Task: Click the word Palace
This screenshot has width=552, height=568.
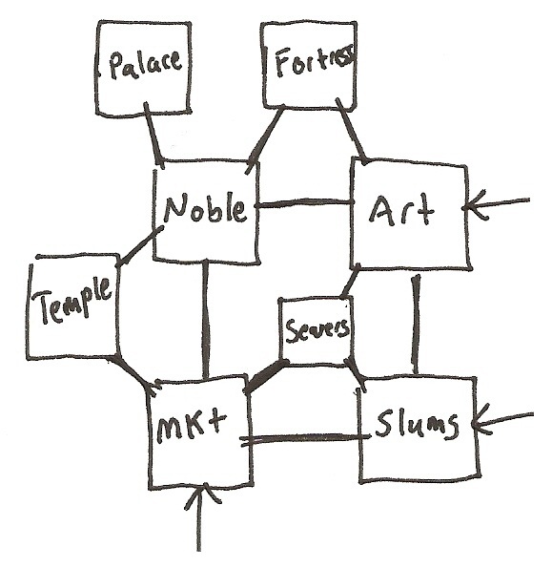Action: (146, 65)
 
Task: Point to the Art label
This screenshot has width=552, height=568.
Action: (401, 210)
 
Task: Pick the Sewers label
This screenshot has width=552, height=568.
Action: (317, 329)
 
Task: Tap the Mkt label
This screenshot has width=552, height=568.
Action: (192, 428)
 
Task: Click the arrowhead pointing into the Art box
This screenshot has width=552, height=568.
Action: (475, 206)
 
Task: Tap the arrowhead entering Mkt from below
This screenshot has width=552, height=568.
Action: (202, 494)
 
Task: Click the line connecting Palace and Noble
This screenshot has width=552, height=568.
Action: (154, 135)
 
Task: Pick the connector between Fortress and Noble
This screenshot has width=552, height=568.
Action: (265, 139)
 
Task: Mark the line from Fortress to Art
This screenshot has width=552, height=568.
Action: (351, 131)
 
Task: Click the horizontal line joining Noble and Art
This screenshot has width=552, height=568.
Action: (304, 204)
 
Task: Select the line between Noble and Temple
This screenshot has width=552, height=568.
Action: (139, 246)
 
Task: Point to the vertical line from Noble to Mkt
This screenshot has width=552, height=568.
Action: (206, 320)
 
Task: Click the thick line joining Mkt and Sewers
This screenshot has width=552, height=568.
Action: (266, 376)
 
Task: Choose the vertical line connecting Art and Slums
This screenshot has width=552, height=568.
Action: (416, 325)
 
